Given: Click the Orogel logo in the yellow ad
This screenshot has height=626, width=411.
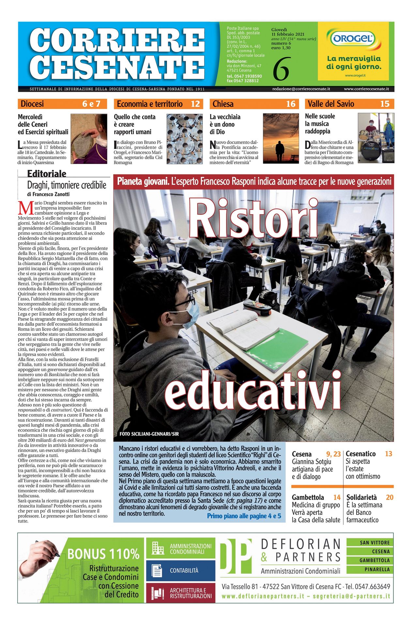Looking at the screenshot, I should click(x=353, y=39).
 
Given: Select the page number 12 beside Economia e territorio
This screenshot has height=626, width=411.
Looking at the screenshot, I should click(x=195, y=104).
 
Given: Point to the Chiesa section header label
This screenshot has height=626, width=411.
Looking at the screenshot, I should click(x=223, y=104).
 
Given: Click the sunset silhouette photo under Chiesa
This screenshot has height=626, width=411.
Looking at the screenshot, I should click(x=281, y=138).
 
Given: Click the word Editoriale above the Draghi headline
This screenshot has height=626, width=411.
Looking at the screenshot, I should click(x=47, y=174).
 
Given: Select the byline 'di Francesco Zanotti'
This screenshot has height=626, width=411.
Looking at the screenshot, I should click(x=48, y=194).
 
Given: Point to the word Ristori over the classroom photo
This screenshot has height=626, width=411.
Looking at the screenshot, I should click(x=253, y=218).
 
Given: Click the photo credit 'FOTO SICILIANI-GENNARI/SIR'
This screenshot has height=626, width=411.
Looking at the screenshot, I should click(x=149, y=434).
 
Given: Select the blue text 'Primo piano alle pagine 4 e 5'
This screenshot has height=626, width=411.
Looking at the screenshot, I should click(x=244, y=516).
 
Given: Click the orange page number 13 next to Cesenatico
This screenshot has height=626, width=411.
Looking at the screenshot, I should click(x=388, y=454).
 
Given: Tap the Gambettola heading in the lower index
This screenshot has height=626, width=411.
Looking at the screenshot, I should click(x=308, y=497).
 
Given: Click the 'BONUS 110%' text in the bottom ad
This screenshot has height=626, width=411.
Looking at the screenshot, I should click(x=103, y=554).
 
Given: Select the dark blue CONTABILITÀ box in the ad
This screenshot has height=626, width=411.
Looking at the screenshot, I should click(x=181, y=571).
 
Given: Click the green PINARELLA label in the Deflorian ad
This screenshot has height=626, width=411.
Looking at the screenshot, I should click(x=374, y=569).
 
